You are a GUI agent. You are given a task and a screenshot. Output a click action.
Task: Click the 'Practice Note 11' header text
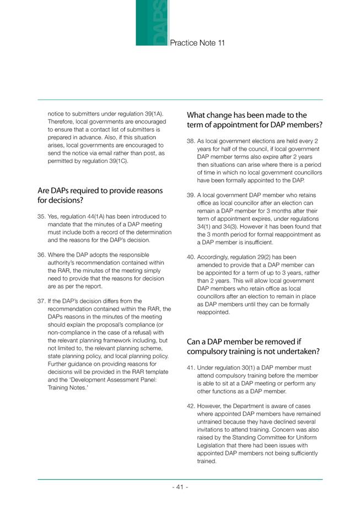pos(197,42)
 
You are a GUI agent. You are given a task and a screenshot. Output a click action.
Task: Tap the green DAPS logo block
pos(152,23)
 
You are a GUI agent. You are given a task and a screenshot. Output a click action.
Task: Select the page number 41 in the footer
pos(180,488)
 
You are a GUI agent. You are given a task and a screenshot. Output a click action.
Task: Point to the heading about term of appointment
pos(254,120)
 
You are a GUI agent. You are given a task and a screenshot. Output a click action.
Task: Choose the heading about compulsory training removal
pos(254,346)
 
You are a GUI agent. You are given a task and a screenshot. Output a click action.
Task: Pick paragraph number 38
pos(191,141)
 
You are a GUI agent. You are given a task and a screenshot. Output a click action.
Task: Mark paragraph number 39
pos(191,195)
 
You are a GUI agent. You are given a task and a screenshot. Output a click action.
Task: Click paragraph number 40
pos(191,257)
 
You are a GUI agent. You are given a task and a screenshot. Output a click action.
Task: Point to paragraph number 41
pos(191,368)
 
